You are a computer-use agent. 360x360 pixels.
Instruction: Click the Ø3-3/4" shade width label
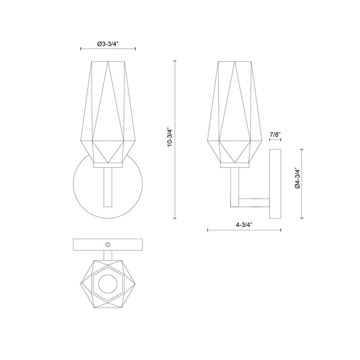click(x=109, y=44)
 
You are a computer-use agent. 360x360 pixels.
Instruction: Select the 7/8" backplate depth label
click(x=275, y=135)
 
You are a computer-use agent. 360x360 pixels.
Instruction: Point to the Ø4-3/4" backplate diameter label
click(x=297, y=178)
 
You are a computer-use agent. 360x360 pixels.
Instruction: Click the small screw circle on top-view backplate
click(x=108, y=244)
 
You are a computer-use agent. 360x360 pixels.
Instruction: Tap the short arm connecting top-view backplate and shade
click(x=108, y=254)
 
